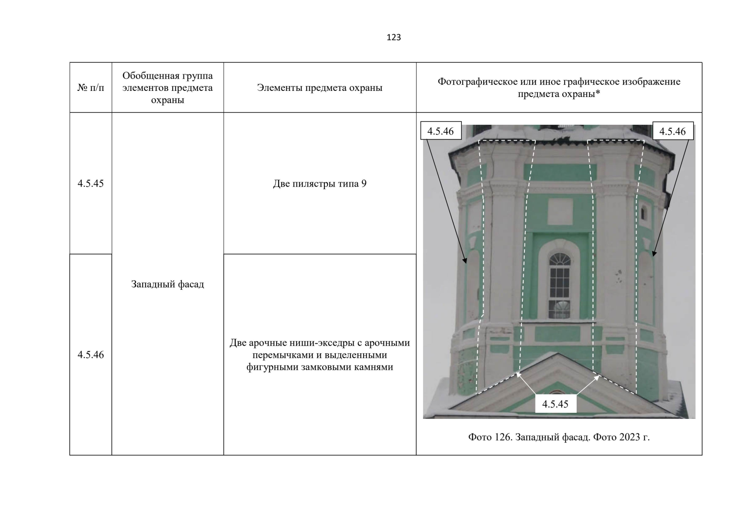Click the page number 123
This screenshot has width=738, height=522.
point(394,37)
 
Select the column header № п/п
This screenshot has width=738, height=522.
point(90,88)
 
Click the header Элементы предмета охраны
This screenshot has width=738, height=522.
point(320,88)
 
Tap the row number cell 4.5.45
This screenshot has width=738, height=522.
point(90,184)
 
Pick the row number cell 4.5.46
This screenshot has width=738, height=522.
point(90,355)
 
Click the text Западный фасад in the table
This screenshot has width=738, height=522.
point(167,284)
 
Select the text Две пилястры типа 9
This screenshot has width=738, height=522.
point(320,184)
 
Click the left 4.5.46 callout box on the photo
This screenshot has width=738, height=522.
point(441,131)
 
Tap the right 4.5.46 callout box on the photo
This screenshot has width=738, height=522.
point(673,131)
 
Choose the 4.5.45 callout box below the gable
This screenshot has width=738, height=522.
point(555,404)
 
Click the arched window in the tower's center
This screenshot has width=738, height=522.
point(559,285)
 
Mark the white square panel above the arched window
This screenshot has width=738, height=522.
point(560,211)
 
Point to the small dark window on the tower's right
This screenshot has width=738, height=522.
point(643,214)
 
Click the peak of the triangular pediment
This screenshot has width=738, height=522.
point(558,353)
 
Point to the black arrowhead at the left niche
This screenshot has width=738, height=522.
point(465,260)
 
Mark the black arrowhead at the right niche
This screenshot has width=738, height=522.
point(654,253)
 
